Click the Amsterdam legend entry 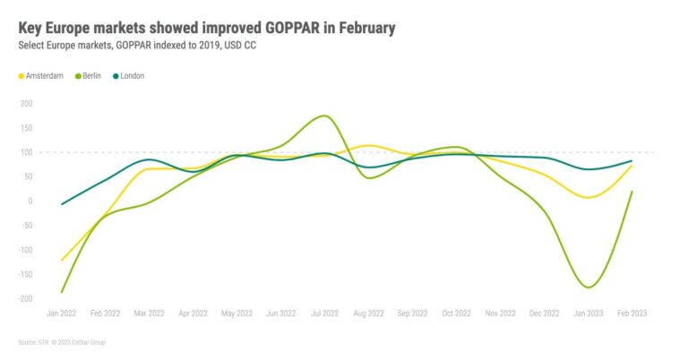[43, 76]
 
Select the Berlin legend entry [94, 76]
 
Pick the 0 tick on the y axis [30, 201]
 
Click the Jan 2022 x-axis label [62, 313]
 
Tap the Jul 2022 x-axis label [325, 313]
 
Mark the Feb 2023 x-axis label [632, 313]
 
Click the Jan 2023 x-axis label [589, 313]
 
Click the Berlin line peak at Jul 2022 [324, 116]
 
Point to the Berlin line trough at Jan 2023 [589, 287]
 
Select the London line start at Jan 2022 [62, 204]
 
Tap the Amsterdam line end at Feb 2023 [632, 166]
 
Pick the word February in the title [356, 28]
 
